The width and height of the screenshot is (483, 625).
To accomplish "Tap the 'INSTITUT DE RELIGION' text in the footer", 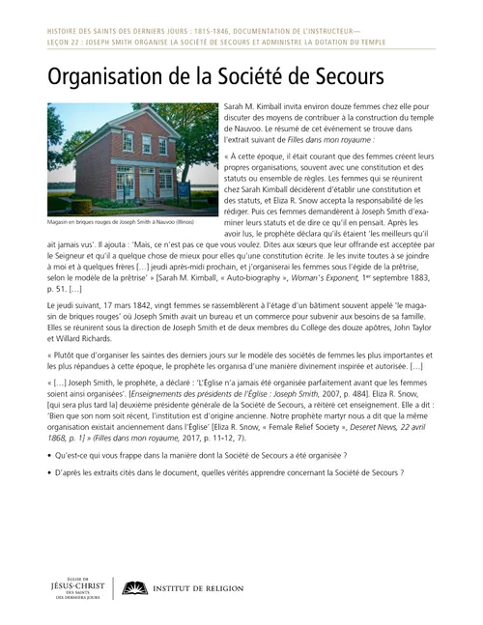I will (207, 587).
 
